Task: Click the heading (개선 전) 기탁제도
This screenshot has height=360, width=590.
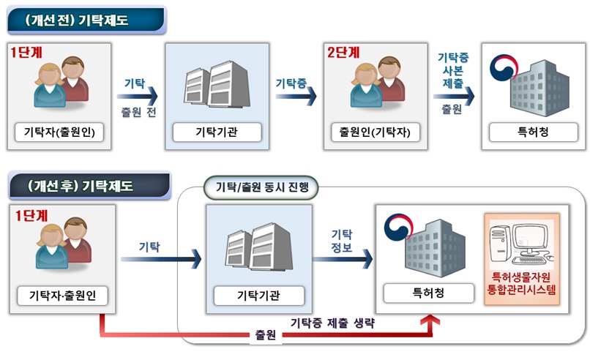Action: click(76, 20)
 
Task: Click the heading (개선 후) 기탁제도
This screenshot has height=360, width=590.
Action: click(80, 186)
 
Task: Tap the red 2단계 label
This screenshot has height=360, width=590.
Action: click(343, 52)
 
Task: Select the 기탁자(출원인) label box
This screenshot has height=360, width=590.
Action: click(59, 132)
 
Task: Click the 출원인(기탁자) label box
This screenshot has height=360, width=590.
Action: click(375, 132)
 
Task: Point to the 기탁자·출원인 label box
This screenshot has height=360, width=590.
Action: click(62, 296)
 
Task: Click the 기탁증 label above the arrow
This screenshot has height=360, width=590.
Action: click(291, 83)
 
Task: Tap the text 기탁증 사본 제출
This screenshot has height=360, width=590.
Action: click(453, 70)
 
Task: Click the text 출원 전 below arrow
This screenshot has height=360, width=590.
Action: click(138, 112)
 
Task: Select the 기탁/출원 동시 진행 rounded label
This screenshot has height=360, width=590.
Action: click(261, 187)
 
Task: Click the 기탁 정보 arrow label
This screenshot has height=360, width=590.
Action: click(342, 241)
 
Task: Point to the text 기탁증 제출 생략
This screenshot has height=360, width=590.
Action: click(332, 323)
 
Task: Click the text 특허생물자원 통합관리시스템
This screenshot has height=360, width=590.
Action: click(521, 283)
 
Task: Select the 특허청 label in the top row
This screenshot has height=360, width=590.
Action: click(533, 132)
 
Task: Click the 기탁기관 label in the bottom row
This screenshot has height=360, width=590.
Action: click(258, 296)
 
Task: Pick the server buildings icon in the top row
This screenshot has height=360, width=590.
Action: click(217, 84)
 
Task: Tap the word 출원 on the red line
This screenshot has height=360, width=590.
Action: click(266, 334)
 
